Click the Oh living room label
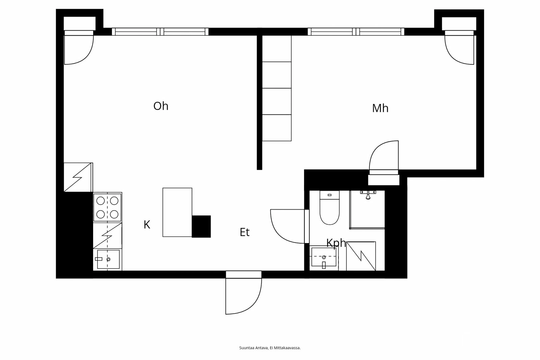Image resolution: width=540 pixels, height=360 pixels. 161,106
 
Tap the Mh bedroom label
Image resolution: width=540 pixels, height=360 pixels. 380,108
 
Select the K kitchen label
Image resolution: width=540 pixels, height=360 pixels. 147,225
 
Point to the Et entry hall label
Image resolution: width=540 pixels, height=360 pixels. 244,232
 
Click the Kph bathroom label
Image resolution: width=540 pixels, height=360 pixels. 336,243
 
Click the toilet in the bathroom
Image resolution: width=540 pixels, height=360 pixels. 329,209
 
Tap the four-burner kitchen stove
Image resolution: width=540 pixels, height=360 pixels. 107,207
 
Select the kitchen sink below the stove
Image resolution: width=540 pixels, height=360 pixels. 108,259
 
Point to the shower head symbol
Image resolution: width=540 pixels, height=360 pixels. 368,195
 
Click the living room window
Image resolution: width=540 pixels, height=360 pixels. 160,32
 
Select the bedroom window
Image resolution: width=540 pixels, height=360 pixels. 356,32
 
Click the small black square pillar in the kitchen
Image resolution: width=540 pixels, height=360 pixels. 201,226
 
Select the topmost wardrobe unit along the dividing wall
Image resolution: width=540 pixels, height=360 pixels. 277,49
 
